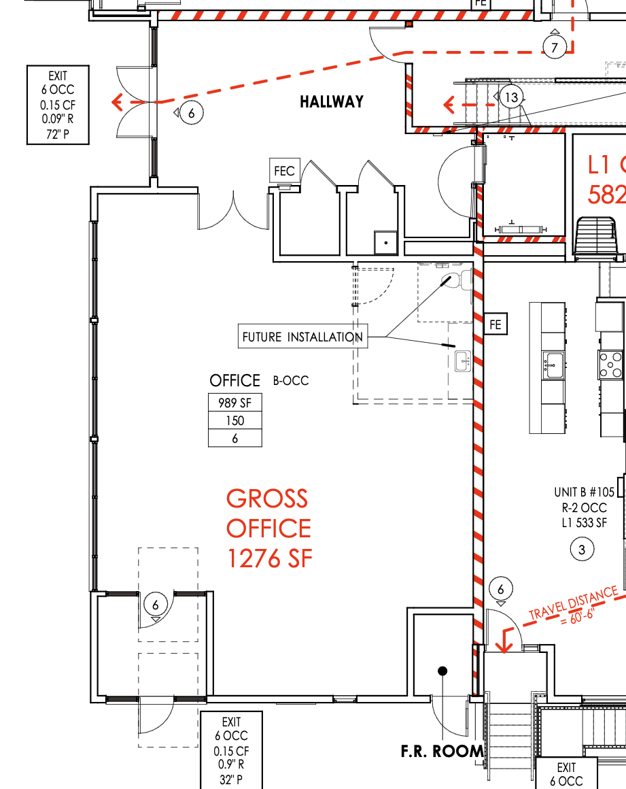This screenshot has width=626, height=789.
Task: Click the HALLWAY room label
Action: tap(332, 101)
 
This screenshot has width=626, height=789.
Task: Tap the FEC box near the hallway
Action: tap(285, 171)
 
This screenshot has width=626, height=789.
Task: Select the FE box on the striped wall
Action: tap(495, 324)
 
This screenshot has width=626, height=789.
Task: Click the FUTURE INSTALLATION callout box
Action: tap(302, 337)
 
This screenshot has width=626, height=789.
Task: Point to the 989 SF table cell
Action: tap(234, 403)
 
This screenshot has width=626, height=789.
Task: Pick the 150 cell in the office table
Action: tap(234, 420)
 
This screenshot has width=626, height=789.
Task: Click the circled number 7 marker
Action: tap(555, 48)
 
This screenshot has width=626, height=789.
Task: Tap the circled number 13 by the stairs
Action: tap(511, 97)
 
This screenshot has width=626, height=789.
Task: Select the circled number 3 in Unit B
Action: tap(582, 550)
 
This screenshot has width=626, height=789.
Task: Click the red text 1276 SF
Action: tap(270, 558)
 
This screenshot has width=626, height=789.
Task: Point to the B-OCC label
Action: tap(291, 380)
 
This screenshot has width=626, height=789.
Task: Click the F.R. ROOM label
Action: tap(442, 752)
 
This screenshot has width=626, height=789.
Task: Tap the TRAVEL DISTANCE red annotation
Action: tap(573, 606)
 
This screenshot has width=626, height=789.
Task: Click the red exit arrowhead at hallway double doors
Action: tap(117, 102)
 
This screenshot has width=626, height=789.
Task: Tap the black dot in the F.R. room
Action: tap(442, 671)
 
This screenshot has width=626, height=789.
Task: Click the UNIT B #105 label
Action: tap(585, 492)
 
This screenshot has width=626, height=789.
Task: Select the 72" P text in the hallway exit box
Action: tap(58, 135)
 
